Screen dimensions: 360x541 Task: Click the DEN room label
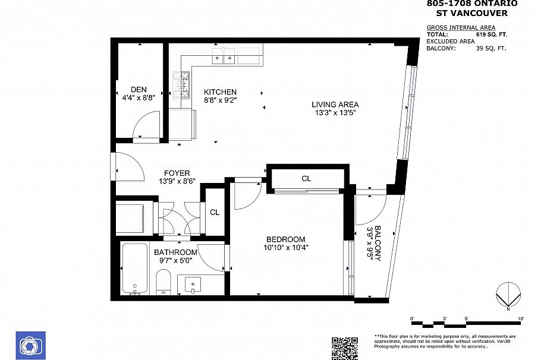click(139, 90)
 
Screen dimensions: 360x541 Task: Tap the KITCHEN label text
click(220, 92)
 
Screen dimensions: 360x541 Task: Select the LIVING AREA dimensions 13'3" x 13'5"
click(335, 113)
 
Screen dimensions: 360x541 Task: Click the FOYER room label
click(177, 173)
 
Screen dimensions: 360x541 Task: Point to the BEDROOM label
click(285, 239)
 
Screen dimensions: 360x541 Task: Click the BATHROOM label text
click(175, 252)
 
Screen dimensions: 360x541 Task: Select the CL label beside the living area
click(306, 178)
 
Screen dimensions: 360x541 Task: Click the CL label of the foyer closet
click(214, 212)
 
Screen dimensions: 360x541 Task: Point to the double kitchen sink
click(224, 58)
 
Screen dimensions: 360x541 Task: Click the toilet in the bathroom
click(163, 281)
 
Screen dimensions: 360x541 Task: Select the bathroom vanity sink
click(193, 285)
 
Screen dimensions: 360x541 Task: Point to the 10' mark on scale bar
click(521, 320)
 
